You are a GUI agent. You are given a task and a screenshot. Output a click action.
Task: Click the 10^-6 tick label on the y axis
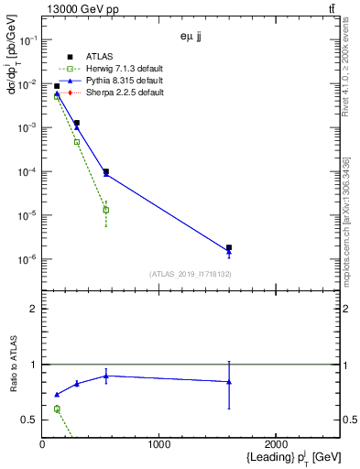point(27,260)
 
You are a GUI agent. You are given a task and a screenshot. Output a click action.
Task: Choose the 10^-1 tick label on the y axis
point(27,40)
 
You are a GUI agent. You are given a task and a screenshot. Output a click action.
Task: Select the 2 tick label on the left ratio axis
point(34,309)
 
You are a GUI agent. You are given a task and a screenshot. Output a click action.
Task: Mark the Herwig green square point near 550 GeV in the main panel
point(106,210)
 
